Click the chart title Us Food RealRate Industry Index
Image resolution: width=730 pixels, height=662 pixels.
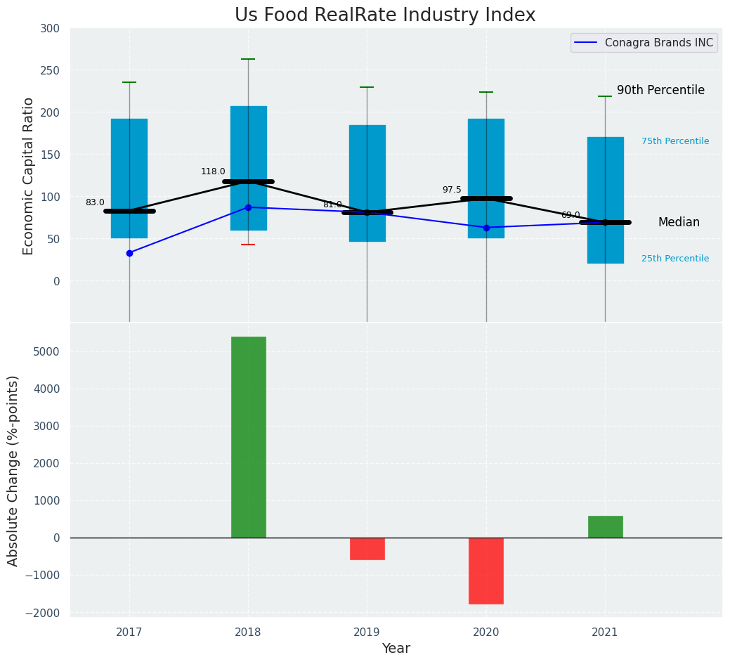385,15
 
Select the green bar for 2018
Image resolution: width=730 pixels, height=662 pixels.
248,437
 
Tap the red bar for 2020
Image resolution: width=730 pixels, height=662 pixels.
486,571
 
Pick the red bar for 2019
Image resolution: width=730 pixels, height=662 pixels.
367,549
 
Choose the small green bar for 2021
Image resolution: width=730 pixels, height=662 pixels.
605,527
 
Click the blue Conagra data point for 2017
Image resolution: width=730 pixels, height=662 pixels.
129,253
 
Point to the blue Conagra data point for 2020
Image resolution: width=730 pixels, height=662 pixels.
486,228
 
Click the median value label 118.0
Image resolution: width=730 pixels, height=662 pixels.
213,171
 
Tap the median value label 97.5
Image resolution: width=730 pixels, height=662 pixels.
452,190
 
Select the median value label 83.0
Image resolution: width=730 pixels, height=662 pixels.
95,202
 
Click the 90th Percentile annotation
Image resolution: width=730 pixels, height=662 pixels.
660,90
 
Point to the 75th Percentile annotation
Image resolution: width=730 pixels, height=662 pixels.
674,141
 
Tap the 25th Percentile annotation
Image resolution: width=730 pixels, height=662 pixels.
674,259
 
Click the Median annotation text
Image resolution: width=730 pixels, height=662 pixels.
679,222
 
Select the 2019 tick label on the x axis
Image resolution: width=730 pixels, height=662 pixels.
367,632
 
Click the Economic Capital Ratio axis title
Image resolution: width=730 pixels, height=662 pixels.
29,176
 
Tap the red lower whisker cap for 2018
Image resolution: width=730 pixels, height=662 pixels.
248,245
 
